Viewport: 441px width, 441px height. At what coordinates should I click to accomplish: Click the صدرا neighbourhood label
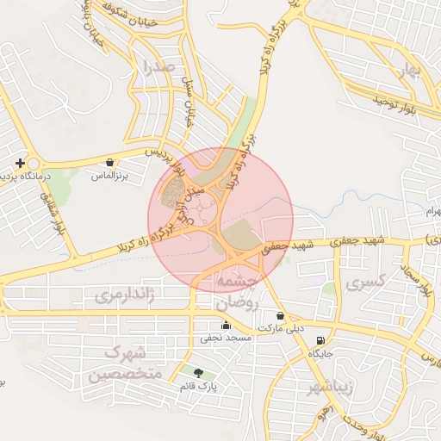coord(160,66)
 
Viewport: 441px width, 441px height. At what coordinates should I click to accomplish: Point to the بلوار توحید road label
coord(395,102)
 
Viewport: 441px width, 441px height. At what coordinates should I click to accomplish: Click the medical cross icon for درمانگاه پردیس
coord(20,162)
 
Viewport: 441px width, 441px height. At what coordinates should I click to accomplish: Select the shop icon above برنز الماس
coord(109,162)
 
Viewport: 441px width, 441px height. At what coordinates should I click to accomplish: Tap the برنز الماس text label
coord(109,176)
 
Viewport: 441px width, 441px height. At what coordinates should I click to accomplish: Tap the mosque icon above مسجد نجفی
coord(226,325)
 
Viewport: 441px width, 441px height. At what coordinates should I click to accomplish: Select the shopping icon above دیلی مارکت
coord(281,315)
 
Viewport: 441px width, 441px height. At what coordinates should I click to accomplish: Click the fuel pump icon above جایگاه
coord(320,340)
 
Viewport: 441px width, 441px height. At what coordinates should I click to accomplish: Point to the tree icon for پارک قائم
coord(200,373)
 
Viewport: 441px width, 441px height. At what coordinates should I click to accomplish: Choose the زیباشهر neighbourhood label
coord(328,387)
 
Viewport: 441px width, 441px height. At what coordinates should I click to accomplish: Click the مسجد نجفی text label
coord(226,339)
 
